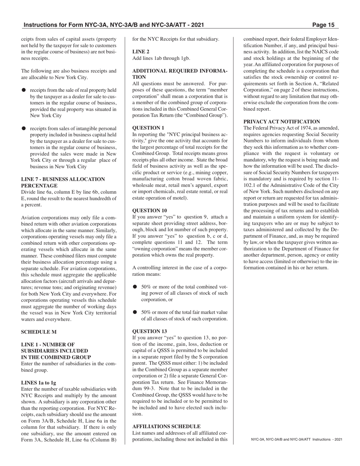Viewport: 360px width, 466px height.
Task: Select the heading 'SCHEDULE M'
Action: click(x=39, y=332)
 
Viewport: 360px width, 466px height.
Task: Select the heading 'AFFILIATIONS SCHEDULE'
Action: click(x=166, y=426)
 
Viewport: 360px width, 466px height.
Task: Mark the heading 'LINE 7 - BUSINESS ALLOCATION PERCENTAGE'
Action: click(x=63, y=182)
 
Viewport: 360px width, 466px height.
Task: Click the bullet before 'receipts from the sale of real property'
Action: click(x=23, y=90)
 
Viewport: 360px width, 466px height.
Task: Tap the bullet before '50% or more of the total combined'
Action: click(x=135, y=287)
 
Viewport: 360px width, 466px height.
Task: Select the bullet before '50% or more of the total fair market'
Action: click(x=135, y=312)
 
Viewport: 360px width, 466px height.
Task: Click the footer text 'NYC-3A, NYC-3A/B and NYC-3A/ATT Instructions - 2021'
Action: click(x=297, y=439)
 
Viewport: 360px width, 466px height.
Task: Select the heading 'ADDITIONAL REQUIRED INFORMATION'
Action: click(x=180, y=73)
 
